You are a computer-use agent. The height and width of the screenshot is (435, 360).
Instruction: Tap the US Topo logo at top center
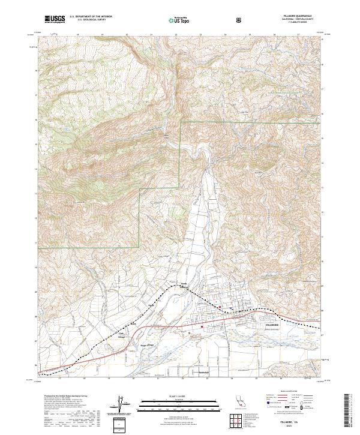(x=179, y=20)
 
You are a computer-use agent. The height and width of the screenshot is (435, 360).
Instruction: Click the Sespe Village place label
(x=147, y=346)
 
